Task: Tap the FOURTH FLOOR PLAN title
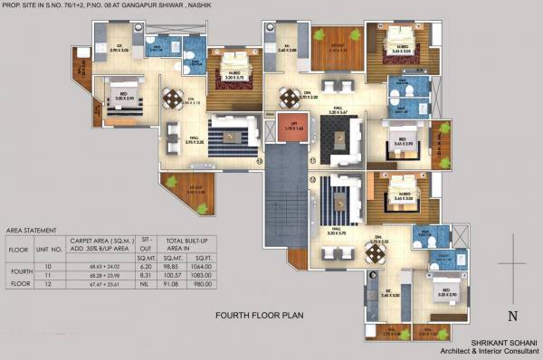click(260, 317)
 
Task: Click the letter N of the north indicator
click(512, 316)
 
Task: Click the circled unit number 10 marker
click(260, 162)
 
